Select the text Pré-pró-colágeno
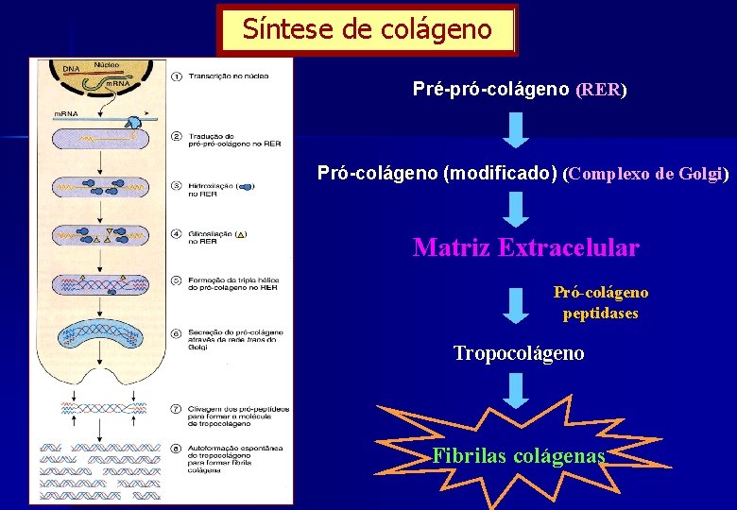(490, 89)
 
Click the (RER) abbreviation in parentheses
(601, 90)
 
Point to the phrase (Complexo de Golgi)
(645, 174)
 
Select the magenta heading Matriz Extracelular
(525, 248)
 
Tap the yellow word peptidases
(600, 313)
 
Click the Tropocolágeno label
(518, 353)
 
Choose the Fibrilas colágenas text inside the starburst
(518, 455)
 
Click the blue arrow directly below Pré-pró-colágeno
(515, 129)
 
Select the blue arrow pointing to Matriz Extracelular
(515, 210)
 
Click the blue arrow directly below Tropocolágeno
(515, 390)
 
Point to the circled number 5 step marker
(177, 280)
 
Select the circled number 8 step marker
(177, 448)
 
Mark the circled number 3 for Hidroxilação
(177, 185)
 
